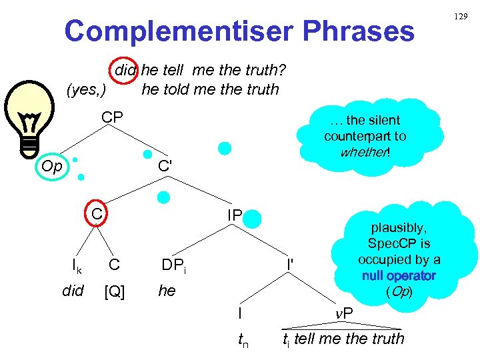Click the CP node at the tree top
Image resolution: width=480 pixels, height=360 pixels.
pos(112,118)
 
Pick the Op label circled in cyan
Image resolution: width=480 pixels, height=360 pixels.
pos(51,165)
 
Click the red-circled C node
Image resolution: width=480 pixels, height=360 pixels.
pos(97,214)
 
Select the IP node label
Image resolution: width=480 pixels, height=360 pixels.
pos(235,216)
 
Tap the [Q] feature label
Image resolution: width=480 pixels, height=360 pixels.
pos(114,291)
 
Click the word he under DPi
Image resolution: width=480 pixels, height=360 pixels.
pos(167,291)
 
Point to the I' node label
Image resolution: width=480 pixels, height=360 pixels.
pos(291,265)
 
